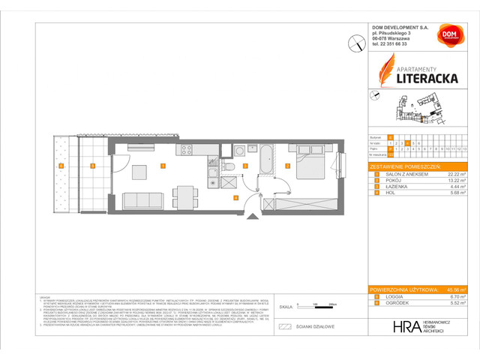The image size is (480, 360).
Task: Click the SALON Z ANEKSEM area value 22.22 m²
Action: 458,173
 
